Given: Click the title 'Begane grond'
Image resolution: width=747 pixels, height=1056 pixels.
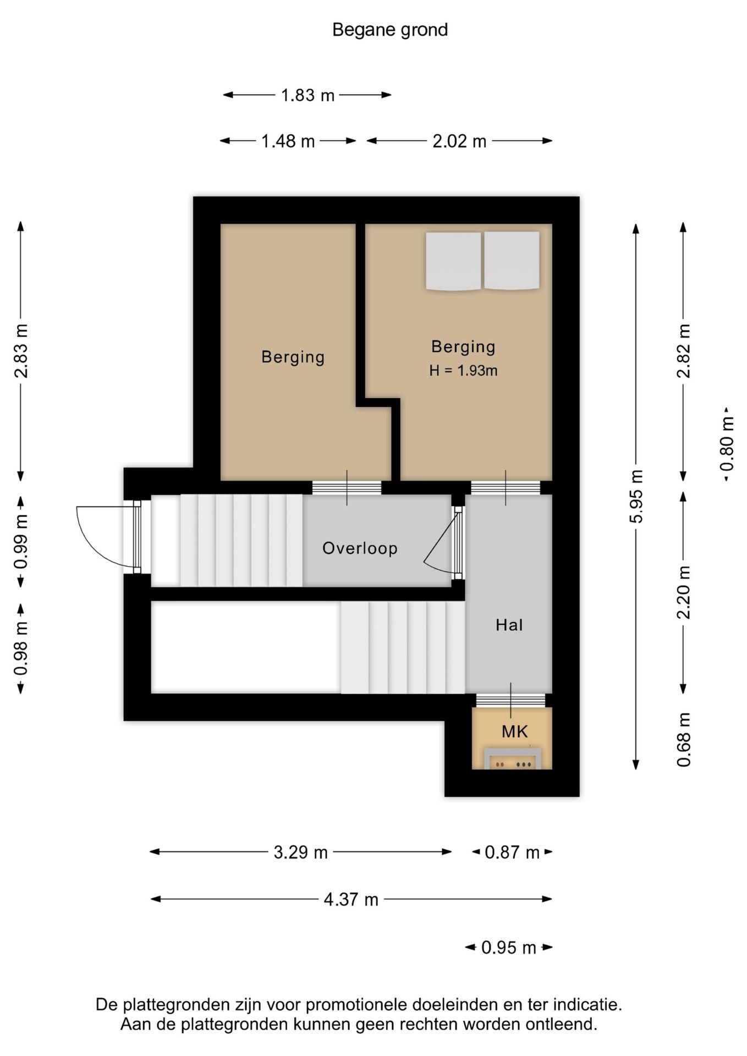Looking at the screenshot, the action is (x=390, y=30).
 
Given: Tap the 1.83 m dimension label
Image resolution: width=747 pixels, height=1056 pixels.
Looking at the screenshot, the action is (x=307, y=95).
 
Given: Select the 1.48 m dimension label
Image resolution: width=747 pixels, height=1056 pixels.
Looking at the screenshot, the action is (x=288, y=141).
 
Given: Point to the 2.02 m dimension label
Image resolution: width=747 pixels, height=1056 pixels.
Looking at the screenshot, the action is (x=459, y=141).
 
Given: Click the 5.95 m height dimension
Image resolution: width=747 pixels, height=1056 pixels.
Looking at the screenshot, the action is (x=636, y=496).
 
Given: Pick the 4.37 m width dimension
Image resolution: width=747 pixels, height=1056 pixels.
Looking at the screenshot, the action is (x=351, y=899).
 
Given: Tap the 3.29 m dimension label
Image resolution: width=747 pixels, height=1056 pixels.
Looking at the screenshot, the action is (x=300, y=852).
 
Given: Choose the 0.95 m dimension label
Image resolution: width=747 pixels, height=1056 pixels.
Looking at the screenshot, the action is (x=508, y=947).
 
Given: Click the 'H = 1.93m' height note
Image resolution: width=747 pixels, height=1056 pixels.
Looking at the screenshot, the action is (x=463, y=371).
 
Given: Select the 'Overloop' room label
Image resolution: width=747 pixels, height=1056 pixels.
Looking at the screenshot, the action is (x=360, y=548).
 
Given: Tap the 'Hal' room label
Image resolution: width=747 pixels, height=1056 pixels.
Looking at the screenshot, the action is (x=509, y=625).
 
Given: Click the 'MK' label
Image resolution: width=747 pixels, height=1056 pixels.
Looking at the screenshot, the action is (x=514, y=732).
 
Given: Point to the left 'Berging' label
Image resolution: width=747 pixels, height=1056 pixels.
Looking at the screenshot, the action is (x=293, y=357).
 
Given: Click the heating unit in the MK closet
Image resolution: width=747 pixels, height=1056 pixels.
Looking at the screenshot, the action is (x=512, y=758).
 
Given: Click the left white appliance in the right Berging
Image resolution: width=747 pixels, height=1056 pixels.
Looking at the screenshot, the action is (x=453, y=261).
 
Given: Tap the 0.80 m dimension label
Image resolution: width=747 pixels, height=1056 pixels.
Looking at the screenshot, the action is (x=727, y=444).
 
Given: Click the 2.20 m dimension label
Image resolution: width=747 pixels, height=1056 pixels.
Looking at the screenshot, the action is (x=683, y=592).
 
